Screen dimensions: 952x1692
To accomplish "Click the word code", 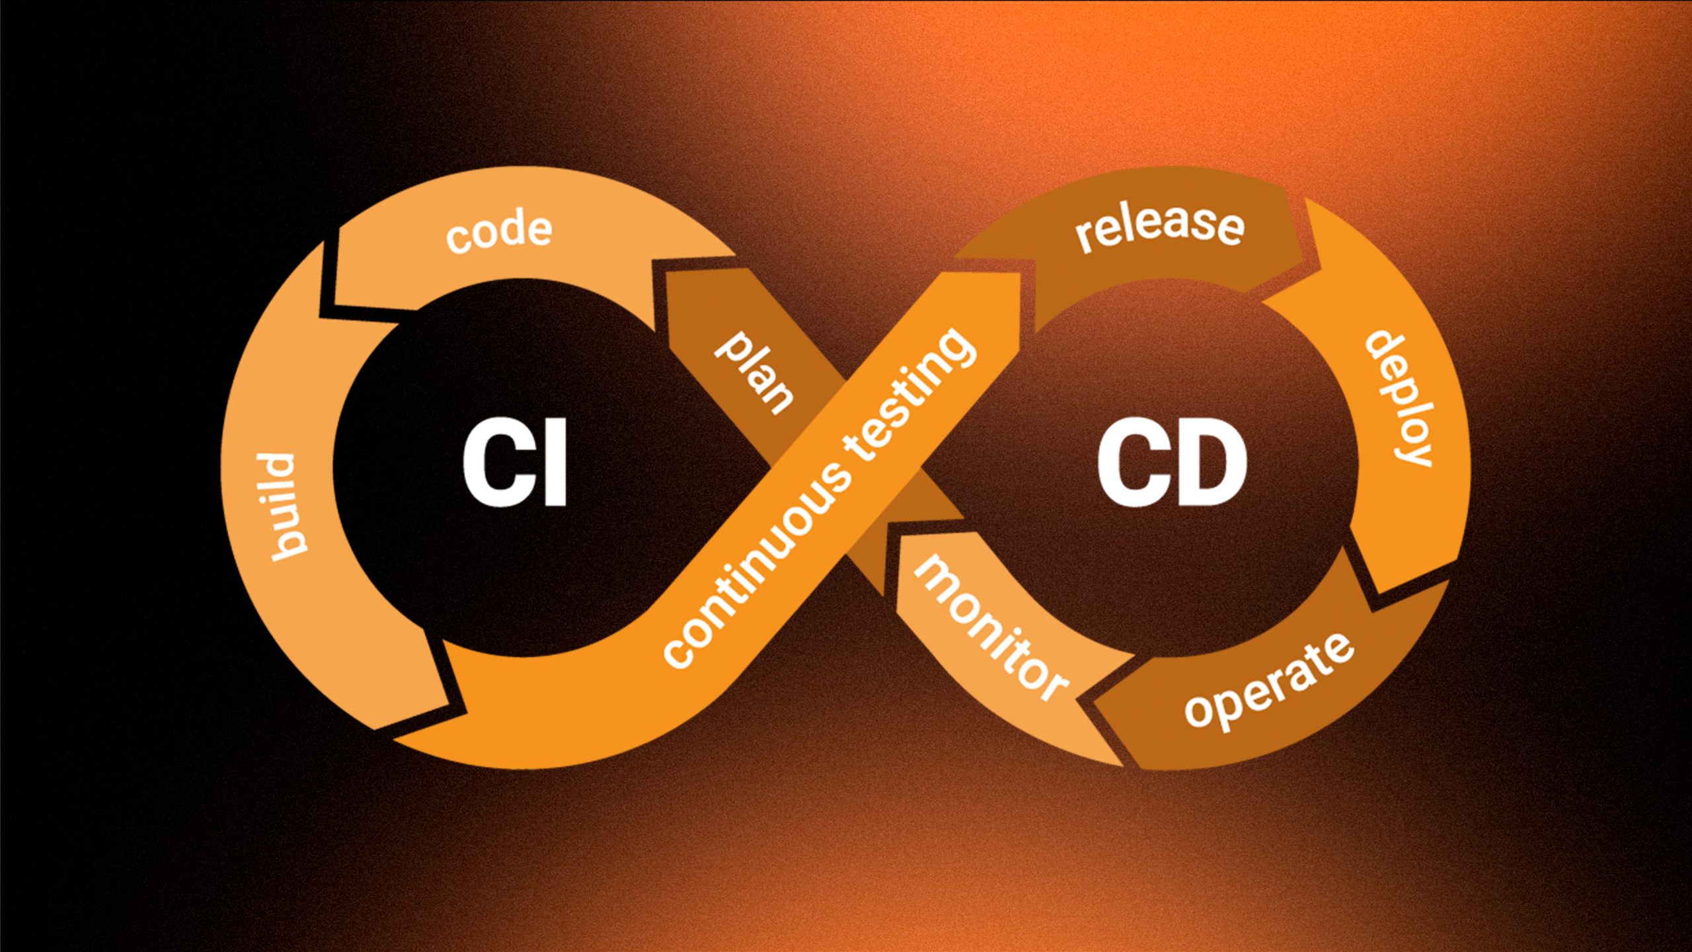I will [498, 231].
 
